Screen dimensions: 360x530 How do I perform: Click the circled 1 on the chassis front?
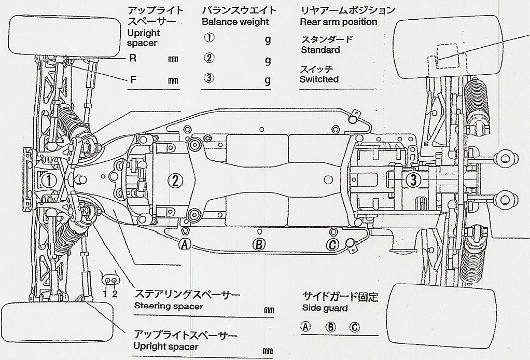(48, 181)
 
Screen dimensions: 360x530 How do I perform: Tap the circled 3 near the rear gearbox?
(413, 180)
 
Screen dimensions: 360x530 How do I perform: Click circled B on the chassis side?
(259, 245)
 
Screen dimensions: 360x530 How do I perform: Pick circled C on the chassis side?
(333, 245)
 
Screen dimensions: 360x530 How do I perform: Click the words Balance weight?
(235, 22)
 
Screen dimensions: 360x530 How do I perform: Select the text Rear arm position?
(338, 22)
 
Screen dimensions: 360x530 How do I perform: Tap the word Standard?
(320, 50)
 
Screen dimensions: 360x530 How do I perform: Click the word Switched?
(319, 79)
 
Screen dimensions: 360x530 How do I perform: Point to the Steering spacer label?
(168, 306)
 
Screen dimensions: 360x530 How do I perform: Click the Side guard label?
(325, 308)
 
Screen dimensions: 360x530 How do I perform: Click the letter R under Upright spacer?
(133, 58)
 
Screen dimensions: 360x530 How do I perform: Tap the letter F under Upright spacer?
(133, 80)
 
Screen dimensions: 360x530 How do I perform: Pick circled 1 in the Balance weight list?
(209, 38)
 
